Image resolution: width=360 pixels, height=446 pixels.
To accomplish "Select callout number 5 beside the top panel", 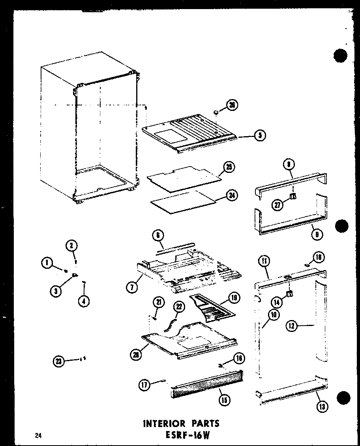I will (259, 135).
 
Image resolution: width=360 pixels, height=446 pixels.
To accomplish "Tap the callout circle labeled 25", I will (229, 167).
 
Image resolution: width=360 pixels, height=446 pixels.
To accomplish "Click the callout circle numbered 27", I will (278, 204).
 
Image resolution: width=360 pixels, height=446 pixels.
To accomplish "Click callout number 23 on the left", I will (59, 360).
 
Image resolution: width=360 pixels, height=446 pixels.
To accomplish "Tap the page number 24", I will (38, 436).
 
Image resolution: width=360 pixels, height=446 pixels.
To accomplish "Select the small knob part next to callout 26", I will (216, 113).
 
